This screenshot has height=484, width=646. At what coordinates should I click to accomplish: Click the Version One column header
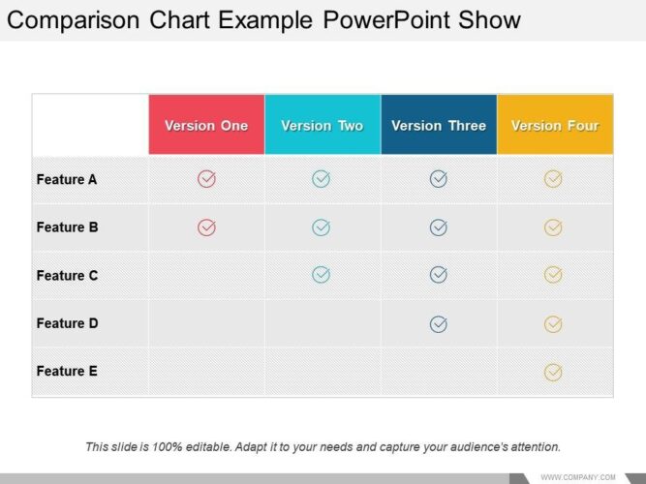[x=206, y=125]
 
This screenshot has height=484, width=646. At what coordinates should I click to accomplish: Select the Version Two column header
[x=322, y=125]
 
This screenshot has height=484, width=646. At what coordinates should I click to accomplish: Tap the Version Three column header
[x=439, y=125]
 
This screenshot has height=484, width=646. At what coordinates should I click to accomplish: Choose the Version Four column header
[x=555, y=125]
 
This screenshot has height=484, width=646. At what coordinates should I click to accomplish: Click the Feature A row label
[x=67, y=179]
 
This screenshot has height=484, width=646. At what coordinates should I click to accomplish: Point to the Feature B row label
[x=67, y=227]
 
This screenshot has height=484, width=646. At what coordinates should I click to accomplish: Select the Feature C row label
[x=67, y=276]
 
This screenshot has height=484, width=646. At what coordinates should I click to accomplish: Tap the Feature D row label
[x=67, y=323]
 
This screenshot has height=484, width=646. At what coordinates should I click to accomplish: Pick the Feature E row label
[x=67, y=371]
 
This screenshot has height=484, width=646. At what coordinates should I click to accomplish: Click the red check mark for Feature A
[x=206, y=179]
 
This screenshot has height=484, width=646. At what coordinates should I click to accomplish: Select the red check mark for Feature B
[x=206, y=227]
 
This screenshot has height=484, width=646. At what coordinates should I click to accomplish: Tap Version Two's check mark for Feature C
[x=322, y=275]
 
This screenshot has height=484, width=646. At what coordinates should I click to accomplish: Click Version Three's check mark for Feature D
[x=439, y=323]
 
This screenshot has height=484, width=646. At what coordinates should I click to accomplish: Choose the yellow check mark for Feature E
[x=553, y=371]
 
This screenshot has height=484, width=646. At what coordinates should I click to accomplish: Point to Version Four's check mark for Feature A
[x=553, y=179]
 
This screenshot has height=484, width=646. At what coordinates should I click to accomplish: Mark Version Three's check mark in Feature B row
[x=439, y=227]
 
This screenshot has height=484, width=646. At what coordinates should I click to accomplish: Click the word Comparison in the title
[x=72, y=20]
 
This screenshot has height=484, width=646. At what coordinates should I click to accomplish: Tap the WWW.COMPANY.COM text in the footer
[x=578, y=476]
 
